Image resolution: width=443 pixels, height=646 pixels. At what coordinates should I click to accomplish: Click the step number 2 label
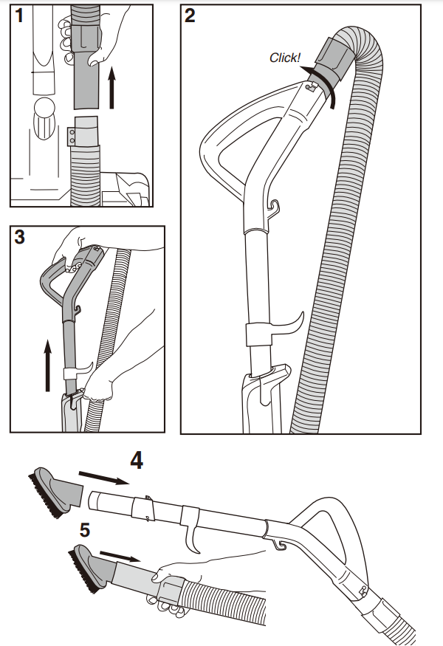pyautogui.click(x=190, y=16)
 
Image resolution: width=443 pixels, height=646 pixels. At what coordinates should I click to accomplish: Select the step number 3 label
pyautogui.click(x=21, y=238)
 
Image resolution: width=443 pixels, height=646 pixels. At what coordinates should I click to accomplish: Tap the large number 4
pyautogui.click(x=137, y=461)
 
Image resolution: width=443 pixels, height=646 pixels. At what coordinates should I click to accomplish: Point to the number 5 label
pyautogui.click(x=86, y=529)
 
